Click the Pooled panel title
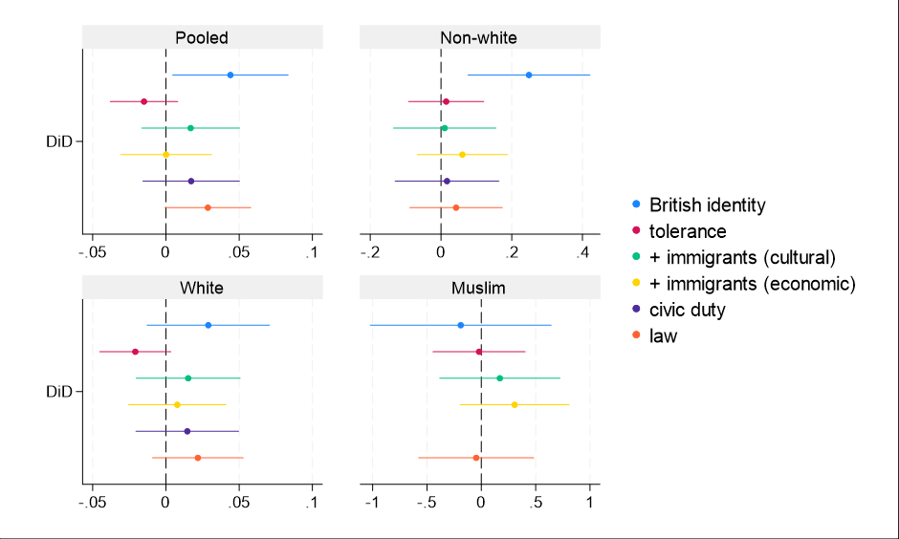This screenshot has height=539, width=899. [202, 38]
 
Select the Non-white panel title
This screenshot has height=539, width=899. [478, 38]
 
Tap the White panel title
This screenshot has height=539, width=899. [202, 288]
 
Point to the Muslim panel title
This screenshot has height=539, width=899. [478, 288]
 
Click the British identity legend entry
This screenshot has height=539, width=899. [707, 205]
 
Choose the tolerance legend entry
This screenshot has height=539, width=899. [687, 231]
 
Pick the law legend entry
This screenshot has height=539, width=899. [663, 335]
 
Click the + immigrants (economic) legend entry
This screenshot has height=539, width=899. [752, 284]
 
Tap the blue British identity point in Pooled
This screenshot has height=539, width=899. [230, 75]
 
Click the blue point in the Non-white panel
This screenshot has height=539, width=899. [529, 75]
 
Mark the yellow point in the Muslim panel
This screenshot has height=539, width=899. [515, 405]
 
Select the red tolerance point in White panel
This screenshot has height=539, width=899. [135, 352]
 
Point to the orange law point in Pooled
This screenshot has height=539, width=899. [208, 207]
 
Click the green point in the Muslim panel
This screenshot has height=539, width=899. [499, 378]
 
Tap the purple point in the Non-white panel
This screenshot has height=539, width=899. [447, 181]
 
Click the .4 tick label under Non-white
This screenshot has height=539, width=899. [583, 252]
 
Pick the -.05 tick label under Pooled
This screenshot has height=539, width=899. [92, 252]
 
